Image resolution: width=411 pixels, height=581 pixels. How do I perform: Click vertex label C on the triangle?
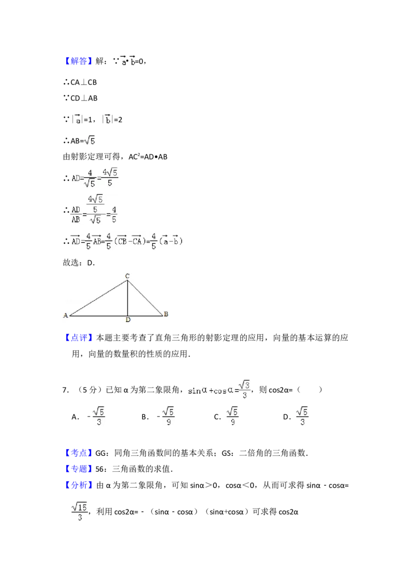coord(127,277)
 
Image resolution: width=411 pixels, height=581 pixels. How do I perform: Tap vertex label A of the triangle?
coord(66,315)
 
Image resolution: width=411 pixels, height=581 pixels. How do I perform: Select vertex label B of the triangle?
coord(166,314)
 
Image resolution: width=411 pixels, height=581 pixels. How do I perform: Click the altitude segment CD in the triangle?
coord(127,298)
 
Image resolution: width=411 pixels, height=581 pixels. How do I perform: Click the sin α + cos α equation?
coord(220,390)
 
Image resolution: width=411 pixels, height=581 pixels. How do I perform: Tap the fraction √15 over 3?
coord(80,512)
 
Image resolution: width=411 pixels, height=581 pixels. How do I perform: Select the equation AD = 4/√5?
coord(95,177)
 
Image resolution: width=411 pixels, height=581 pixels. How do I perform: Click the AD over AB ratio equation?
coord(95,209)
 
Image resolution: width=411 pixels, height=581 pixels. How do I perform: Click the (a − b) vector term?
coord(171,241)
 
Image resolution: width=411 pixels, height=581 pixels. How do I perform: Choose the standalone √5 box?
coord(90,140)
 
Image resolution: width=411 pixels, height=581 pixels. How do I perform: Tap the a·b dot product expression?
coord(127,62)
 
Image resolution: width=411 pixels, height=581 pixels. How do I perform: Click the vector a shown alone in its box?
coord(78,119)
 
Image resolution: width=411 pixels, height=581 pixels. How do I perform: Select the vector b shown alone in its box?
coord(107,119)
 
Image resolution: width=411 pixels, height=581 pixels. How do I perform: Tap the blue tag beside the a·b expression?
coord(80,61)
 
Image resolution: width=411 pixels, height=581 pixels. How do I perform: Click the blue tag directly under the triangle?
coord(80,338)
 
